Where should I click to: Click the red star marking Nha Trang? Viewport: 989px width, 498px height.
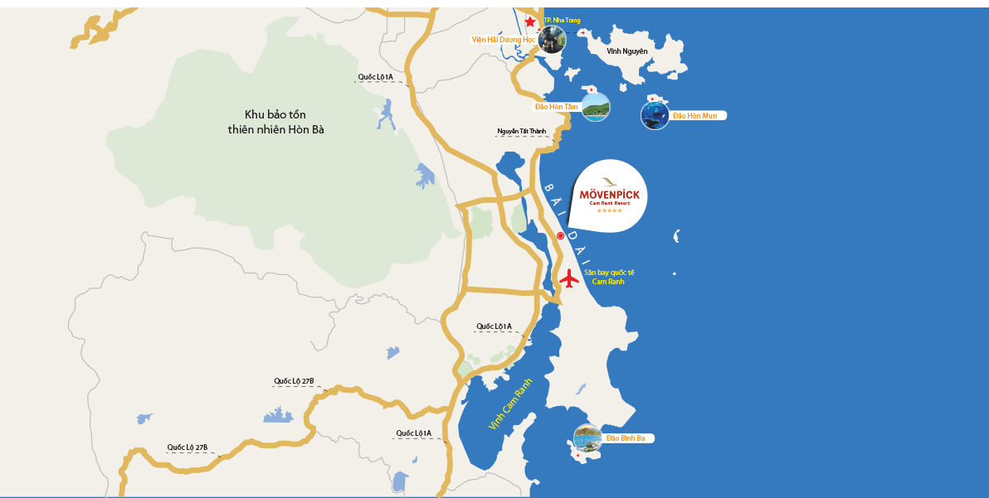530,22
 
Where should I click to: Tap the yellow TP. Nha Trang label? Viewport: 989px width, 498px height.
562,20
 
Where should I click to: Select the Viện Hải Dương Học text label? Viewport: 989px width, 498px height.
504,39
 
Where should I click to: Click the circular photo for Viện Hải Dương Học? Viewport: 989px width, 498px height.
552,39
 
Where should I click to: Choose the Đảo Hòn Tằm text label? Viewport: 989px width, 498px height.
556,107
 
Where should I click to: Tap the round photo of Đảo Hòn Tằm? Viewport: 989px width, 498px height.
595,107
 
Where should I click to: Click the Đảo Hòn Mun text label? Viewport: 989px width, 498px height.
696,115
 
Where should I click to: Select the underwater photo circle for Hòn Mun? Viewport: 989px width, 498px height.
655,115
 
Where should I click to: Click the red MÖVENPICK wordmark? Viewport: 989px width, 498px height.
609,195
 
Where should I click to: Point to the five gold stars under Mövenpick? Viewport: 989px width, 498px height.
609,210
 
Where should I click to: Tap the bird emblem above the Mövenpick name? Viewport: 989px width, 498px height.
609,181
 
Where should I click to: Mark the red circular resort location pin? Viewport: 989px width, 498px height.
560,236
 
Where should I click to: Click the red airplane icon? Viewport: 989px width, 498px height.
569,278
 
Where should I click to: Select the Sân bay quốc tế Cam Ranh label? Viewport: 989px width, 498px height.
609,277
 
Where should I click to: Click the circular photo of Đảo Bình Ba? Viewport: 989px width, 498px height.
587,438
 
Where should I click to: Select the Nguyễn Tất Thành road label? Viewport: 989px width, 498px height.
522,131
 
